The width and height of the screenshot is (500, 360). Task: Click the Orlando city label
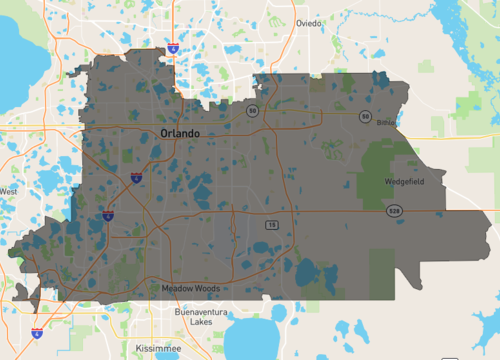179,133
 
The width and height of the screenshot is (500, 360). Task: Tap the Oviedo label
310,23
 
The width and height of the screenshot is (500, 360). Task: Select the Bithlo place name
386,123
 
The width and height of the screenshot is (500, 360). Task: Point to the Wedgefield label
404,182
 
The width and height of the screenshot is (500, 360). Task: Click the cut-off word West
8,191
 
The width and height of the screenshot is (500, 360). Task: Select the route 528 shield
396,211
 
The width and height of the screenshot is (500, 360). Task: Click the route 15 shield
272,225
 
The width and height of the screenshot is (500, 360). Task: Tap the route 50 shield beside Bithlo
366,116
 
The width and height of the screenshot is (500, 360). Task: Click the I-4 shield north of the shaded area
174,47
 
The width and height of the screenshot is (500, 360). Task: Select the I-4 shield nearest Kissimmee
37,332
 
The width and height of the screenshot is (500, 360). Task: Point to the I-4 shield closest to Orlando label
135,177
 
